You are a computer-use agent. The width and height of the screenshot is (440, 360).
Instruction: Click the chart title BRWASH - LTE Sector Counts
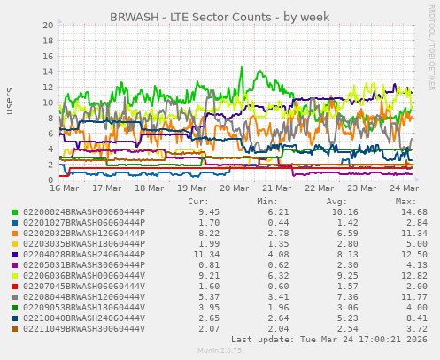point(219,18)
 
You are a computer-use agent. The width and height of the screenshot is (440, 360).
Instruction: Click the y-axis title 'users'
point(11,102)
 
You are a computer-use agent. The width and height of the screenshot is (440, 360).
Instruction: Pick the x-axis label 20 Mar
point(234,188)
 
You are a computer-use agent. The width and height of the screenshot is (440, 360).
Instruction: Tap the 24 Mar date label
point(405,188)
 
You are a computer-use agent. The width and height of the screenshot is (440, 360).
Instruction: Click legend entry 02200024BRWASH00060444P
point(83,212)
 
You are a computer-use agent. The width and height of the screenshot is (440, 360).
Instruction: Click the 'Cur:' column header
point(198,202)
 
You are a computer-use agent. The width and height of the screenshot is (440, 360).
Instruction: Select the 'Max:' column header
point(405,202)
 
